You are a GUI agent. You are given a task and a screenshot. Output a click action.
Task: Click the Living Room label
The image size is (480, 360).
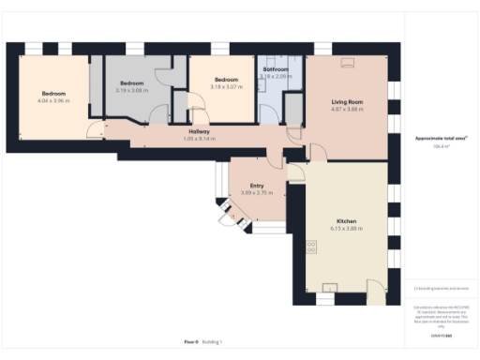coord(346,101)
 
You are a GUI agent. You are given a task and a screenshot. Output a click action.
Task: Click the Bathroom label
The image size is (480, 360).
coord(276,69)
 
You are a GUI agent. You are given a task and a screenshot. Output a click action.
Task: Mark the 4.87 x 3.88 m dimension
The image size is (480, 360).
coord(346,109)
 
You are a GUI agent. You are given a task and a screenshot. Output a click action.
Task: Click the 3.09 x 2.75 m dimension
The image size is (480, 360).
coord(256,192)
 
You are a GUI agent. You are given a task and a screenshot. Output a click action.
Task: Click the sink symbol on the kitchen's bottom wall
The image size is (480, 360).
coord(329,287)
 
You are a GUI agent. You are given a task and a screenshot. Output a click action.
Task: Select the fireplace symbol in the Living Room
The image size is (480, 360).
coord(348,63)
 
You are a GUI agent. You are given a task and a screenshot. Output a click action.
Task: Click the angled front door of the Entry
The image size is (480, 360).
coord(229,216)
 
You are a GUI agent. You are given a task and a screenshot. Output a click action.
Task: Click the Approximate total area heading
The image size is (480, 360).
coord(442,138)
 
